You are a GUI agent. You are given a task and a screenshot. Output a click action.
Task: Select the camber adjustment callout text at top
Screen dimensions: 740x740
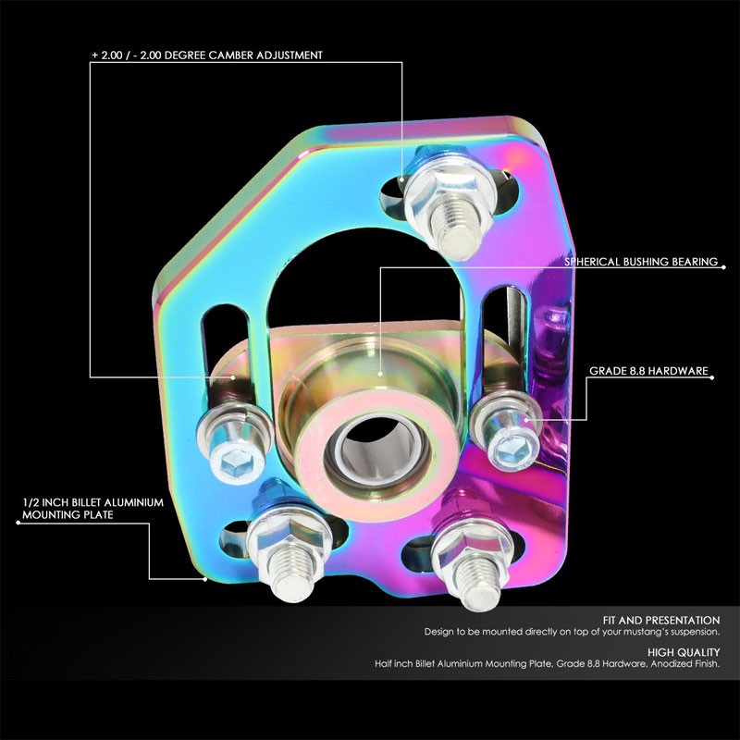click(206, 55)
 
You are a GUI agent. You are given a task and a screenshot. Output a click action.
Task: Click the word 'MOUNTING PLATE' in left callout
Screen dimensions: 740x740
click(67, 515)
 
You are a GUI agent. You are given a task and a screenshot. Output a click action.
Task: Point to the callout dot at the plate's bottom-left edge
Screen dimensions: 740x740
click(205, 579)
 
